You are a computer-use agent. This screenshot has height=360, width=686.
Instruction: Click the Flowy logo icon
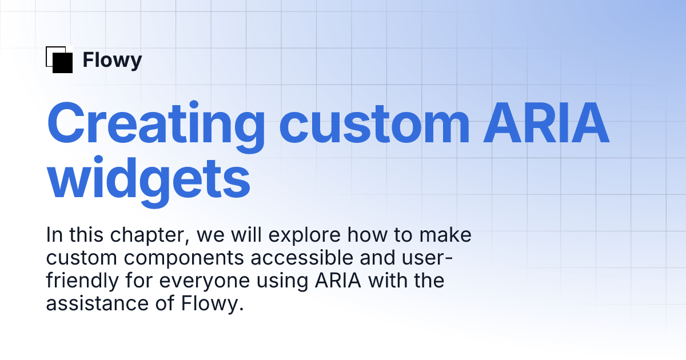(59, 59)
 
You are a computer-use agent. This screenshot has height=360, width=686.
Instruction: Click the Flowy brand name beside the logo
(112, 60)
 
